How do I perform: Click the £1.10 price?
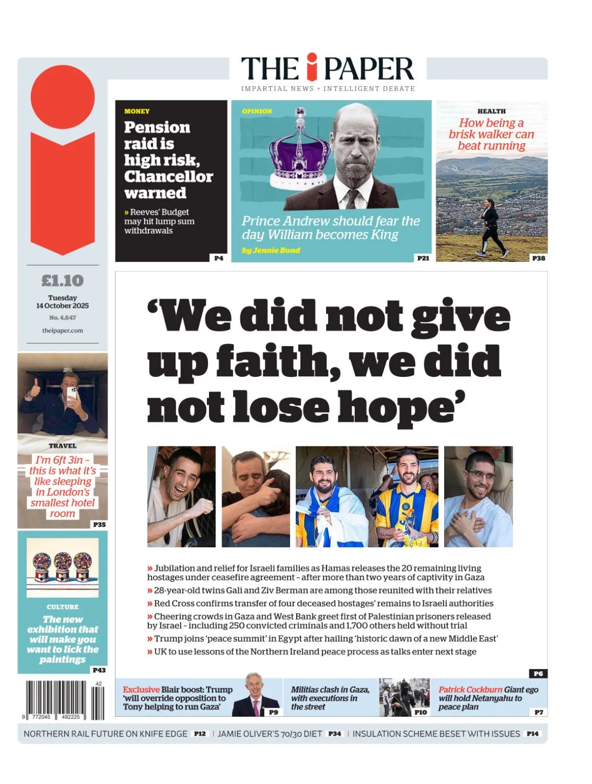click(62, 281)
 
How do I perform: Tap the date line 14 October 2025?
click(62, 306)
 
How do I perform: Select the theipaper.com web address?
click(62, 330)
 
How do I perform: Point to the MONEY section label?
click(137, 111)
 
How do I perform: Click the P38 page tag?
click(538, 258)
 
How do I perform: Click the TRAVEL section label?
click(63, 446)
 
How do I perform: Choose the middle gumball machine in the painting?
click(63, 567)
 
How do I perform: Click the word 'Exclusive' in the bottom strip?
click(141, 690)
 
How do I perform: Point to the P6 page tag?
click(538, 674)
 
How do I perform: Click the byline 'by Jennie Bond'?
click(271, 250)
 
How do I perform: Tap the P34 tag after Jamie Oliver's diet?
click(334, 734)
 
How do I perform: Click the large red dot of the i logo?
click(63, 97)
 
